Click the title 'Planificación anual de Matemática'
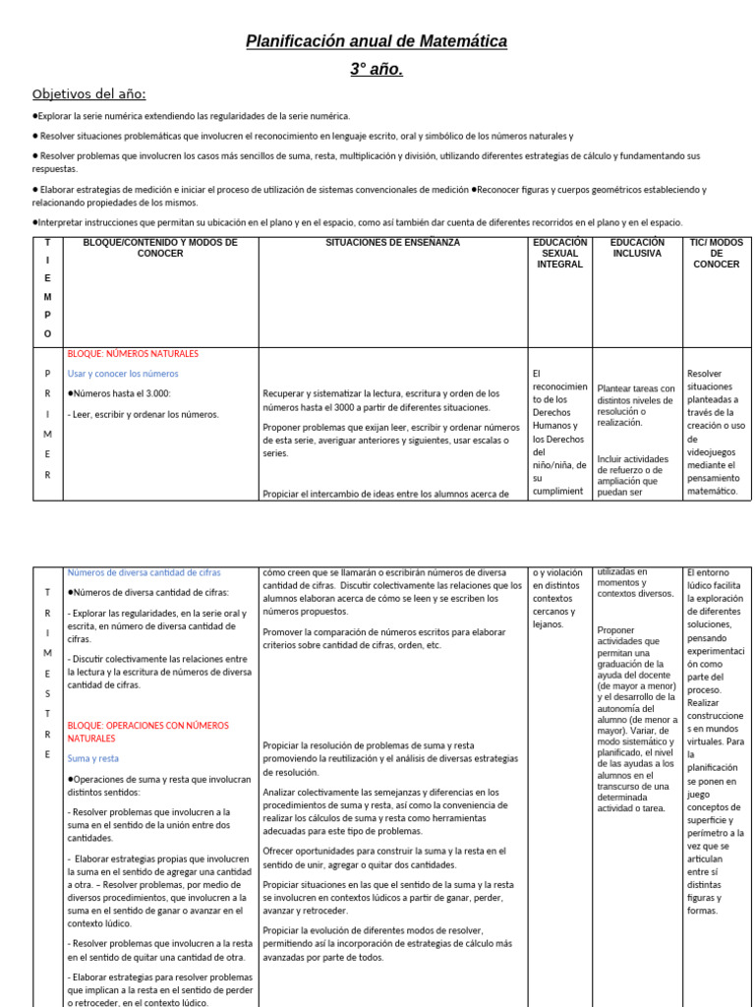[x=377, y=41]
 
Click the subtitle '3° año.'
[x=377, y=69]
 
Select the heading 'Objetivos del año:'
[x=88, y=94]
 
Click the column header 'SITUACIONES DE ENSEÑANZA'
[x=392, y=243]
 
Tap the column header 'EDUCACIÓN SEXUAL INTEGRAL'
[x=559, y=253]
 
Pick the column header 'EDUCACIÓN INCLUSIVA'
[x=636, y=248]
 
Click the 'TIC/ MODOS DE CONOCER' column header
[x=716, y=253]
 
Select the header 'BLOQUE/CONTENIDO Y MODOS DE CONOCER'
[x=160, y=248]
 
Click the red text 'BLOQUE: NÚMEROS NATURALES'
[x=133, y=354]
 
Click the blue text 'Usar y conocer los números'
[x=123, y=374]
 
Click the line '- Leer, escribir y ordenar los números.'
[x=143, y=414]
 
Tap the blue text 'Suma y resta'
[x=93, y=758]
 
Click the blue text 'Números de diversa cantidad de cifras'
[x=144, y=572]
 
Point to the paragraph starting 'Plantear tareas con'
[x=636, y=405]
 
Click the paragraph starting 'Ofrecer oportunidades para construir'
[x=384, y=858]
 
